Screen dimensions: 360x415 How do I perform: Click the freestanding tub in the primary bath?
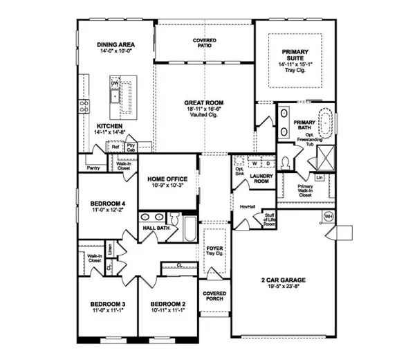327,123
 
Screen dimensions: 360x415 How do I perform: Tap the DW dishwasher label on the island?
115,84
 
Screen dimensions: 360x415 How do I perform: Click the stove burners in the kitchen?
84,106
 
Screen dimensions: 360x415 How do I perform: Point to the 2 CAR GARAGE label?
284,280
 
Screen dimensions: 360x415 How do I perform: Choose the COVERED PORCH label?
214,296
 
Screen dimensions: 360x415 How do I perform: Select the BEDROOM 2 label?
169,305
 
